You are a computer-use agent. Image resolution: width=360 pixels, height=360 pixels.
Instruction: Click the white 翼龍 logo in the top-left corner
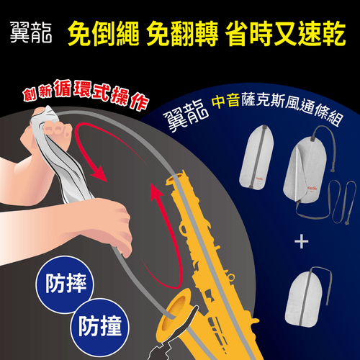coord(31,32)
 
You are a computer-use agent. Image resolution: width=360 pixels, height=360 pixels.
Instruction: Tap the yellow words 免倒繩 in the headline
coord(104,33)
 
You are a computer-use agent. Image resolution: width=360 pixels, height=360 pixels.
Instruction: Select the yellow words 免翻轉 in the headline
coord(182,33)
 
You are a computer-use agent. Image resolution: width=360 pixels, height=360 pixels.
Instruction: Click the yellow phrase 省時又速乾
coord(286,33)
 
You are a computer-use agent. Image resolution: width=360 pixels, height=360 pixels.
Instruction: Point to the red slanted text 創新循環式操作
coord(86,95)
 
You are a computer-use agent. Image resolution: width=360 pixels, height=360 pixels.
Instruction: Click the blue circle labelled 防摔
coord(65,284)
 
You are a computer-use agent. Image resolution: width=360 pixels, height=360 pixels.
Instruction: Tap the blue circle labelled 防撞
coord(99,327)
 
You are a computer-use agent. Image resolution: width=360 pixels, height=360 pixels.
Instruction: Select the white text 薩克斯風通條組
coord(292,108)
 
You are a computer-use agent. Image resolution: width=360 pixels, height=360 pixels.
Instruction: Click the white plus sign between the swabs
coord(302,241)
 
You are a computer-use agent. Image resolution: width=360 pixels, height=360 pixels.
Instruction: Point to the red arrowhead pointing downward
coord(99,174)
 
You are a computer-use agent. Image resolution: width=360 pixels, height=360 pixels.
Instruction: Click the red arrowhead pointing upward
coord(157,193)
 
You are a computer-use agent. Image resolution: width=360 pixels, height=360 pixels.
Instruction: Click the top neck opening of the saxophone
coord(175,178)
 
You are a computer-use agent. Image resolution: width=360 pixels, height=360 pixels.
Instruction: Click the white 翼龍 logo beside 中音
coord(186,115)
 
